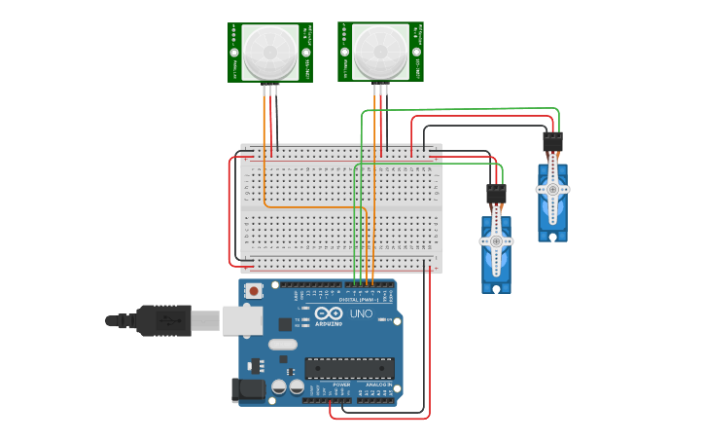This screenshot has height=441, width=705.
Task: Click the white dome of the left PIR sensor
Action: coord(270,53)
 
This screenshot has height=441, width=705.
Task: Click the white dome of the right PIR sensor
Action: coord(380,53)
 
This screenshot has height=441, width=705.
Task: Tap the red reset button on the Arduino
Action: coord(254,290)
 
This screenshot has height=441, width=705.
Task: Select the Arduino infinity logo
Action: coord(328,313)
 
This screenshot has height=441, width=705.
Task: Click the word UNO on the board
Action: coord(363,313)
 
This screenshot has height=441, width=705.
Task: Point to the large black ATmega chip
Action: coord(349,368)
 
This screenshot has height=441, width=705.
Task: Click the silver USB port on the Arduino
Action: coord(242,320)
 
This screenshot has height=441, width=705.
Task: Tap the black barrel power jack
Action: coord(250,390)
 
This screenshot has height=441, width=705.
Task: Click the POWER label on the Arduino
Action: coord(341,385)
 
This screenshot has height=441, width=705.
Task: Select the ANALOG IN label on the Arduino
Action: coord(380,385)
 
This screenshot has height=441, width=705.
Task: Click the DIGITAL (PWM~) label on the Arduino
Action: coord(361,299)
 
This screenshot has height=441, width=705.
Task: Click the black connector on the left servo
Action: coord(496,195)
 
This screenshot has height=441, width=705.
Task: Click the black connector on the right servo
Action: coord(552,142)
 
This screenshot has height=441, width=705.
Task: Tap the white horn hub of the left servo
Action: coord(496,240)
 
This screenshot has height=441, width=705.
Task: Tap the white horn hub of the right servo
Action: coord(552,188)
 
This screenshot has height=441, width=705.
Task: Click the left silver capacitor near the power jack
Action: coord(279,386)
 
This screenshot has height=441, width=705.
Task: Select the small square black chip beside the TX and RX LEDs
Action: coord(285,324)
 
